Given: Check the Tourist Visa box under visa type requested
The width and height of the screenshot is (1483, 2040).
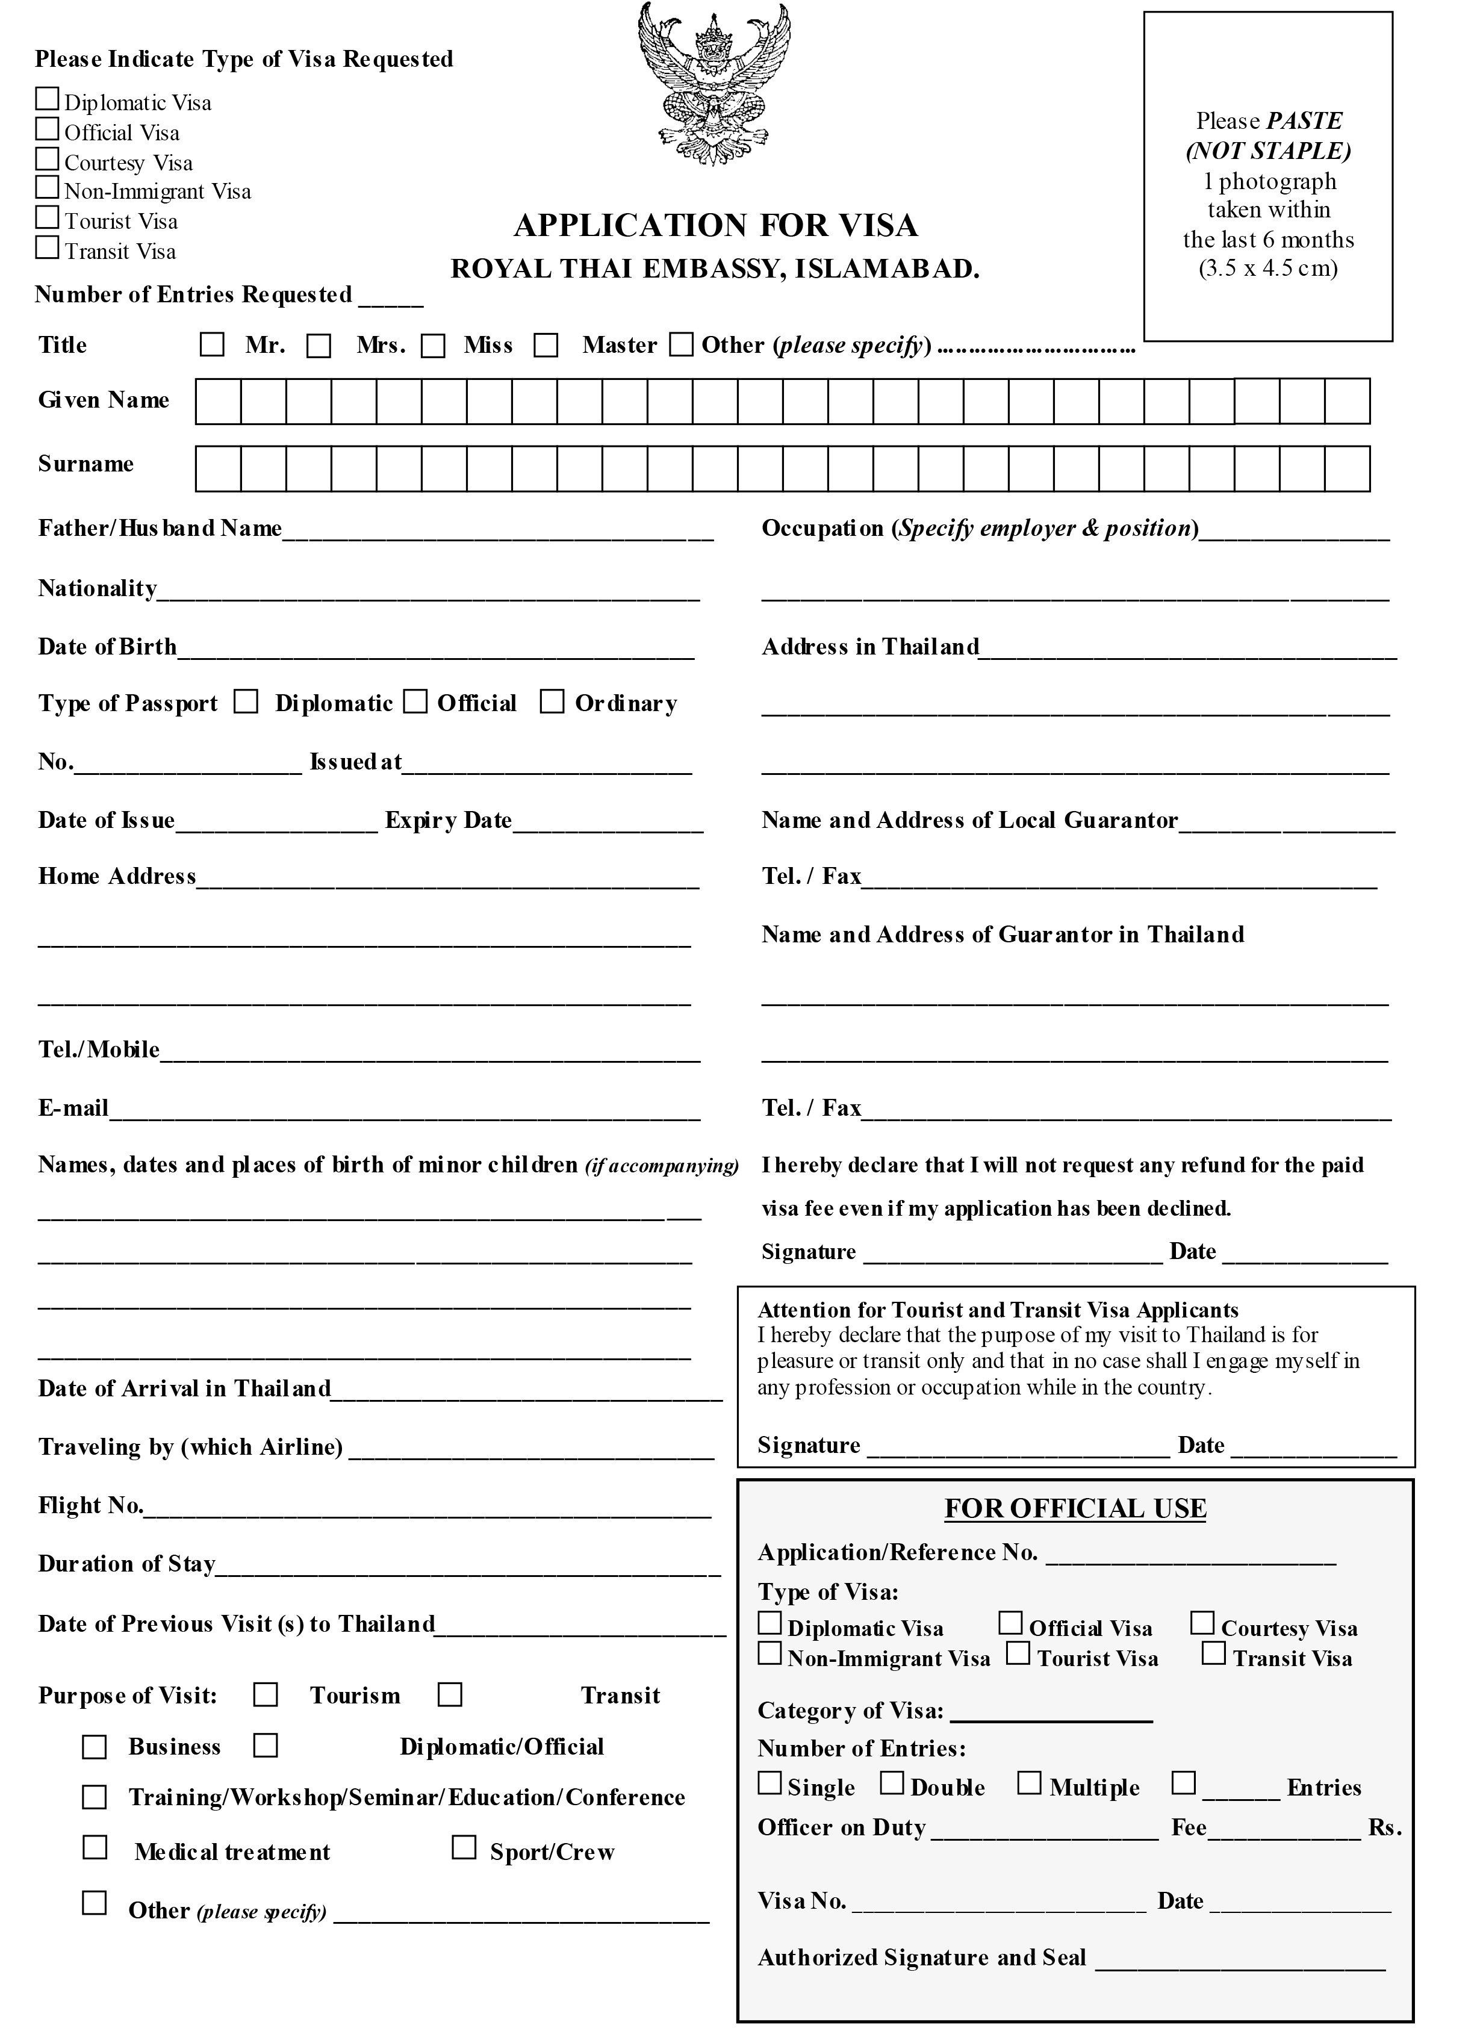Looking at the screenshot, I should [47, 218].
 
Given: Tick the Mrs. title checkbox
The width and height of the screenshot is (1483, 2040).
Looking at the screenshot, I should [319, 346].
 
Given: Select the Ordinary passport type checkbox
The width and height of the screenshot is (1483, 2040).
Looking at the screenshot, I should [552, 701].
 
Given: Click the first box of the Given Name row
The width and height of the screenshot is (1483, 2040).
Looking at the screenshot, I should [219, 401].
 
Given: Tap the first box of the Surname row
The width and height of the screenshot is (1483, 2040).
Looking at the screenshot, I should [219, 468].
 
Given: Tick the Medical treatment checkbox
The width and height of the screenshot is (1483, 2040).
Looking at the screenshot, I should [95, 1847].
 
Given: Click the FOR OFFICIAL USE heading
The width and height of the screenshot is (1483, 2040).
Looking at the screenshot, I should [1075, 1508].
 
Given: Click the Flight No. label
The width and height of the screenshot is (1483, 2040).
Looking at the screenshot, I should [90, 1506].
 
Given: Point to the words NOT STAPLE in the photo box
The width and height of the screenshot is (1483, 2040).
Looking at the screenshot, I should [1268, 151].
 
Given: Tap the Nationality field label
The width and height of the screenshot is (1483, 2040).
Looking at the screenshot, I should [97, 588].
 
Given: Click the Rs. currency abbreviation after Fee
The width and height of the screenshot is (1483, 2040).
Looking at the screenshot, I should [1385, 1827].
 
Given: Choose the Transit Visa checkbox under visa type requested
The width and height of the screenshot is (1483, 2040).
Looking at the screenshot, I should [47, 247].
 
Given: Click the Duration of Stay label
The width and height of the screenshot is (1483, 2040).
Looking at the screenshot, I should [126, 1564].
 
